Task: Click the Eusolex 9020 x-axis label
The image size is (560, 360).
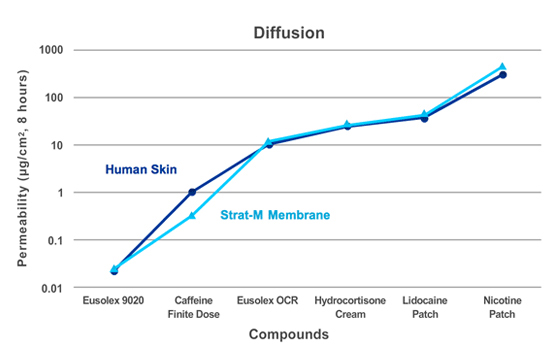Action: coord(114,299)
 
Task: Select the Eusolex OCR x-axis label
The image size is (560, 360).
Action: coord(268,299)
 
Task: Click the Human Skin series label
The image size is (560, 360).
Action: coord(141,169)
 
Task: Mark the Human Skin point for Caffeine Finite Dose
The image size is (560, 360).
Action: coord(192,192)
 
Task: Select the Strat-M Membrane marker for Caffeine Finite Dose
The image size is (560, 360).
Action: coord(192,215)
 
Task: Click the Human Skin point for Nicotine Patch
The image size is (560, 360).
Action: coord(503,75)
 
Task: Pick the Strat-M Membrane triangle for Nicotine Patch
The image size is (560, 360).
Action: coord(503,67)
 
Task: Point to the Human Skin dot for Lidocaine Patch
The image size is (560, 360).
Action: coord(425,118)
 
